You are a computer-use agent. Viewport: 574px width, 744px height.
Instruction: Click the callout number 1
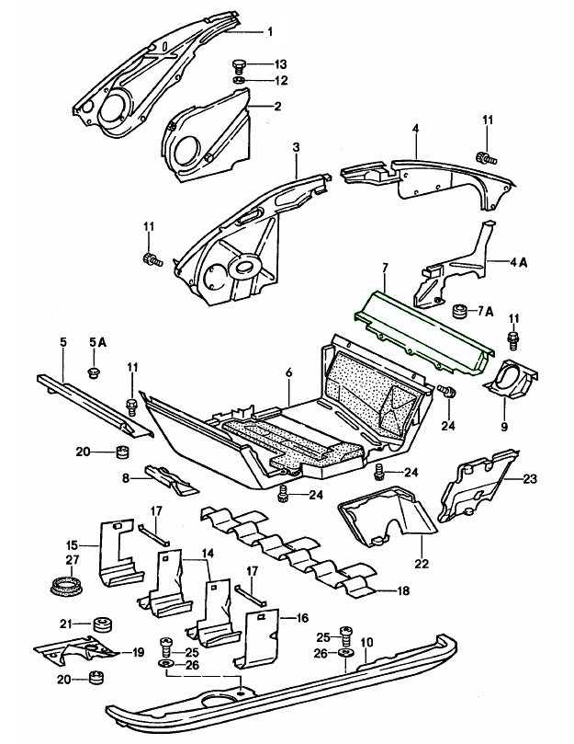click(x=270, y=32)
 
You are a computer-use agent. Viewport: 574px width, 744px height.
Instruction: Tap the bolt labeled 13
click(x=239, y=65)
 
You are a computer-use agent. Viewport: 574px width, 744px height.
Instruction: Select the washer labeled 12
click(x=238, y=81)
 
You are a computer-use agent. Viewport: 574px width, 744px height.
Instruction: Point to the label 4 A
click(x=521, y=262)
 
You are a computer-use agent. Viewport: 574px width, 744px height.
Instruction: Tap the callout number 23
click(x=530, y=478)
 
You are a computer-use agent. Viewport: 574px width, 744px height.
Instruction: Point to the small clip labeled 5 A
click(x=93, y=370)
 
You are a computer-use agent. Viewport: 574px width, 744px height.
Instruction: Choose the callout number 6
click(x=288, y=372)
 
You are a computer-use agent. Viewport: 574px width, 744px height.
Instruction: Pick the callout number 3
click(x=297, y=146)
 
